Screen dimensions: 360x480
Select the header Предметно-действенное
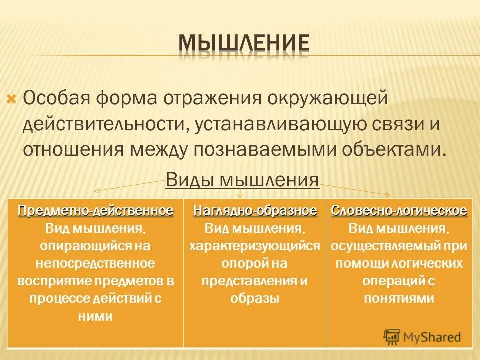click(x=96, y=210)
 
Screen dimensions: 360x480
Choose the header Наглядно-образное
click(x=255, y=210)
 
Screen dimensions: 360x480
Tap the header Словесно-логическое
click(x=399, y=210)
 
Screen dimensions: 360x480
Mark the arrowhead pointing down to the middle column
click(x=240, y=196)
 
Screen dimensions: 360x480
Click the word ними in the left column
click(x=96, y=316)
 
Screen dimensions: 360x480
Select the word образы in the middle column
click(x=255, y=298)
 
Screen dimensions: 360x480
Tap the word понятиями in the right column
click(x=398, y=298)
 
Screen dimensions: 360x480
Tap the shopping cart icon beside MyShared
click(x=392, y=336)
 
